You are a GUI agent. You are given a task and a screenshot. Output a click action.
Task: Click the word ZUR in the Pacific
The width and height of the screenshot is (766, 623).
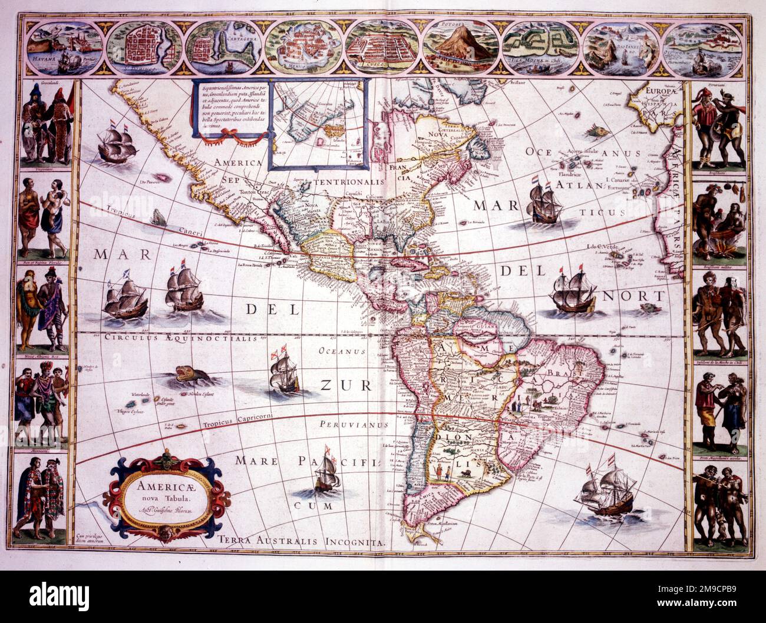tap(346, 386)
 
